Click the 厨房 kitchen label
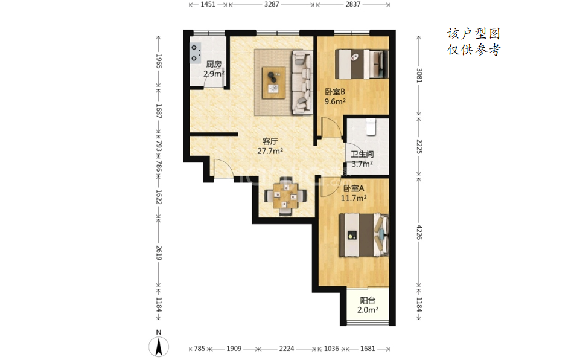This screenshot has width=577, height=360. (214, 64)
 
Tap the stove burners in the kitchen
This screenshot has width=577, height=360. (195, 53)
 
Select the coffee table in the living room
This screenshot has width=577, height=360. (274, 83)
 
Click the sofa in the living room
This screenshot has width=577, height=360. (302, 82)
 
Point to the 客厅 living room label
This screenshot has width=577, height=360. (270, 141)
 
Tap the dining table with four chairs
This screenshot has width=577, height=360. (285, 196)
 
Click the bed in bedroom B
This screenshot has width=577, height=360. (362, 63)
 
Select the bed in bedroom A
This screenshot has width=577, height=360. (364, 235)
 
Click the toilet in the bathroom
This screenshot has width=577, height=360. (371, 126)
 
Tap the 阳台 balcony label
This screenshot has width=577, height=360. (368, 300)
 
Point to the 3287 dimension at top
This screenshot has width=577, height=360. (272, 4)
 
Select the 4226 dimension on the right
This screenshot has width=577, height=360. (419, 232)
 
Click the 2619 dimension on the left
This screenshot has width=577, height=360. (159, 253)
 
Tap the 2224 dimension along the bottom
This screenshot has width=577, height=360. (287, 349)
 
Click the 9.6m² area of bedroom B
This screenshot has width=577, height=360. (335, 101)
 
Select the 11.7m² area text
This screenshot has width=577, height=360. (354, 198)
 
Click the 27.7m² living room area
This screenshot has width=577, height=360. (270, 151)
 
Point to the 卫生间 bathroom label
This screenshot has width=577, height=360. (362, 155)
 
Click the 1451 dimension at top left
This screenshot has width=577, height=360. (208, 4)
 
